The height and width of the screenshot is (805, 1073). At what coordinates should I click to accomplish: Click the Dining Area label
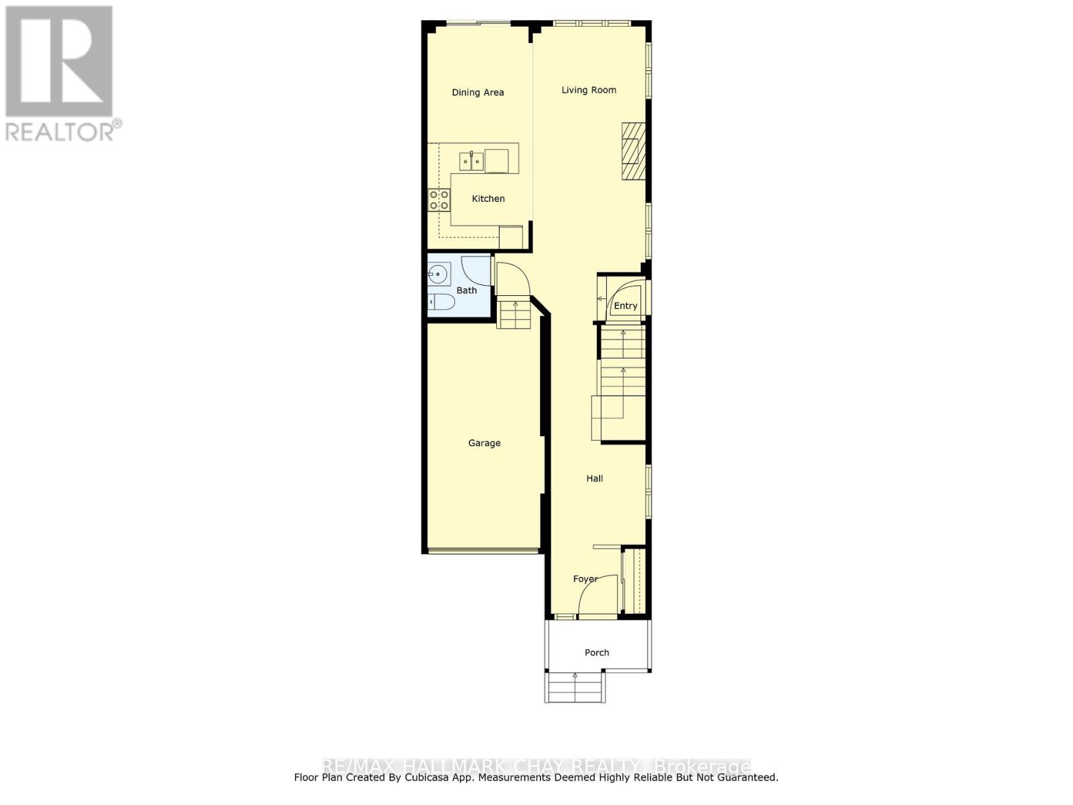(477, 93)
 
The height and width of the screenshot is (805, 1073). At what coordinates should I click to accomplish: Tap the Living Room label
(589, 90)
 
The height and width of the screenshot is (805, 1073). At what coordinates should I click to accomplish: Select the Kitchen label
(488, 199)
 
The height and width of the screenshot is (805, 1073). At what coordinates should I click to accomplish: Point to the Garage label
(484, 443)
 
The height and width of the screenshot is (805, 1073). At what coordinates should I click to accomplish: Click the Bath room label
(467, 290)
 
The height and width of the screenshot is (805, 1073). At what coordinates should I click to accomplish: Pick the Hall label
(595, 478)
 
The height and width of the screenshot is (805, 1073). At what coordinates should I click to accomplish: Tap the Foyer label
(585, 579)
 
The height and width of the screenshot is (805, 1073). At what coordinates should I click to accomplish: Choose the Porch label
(597, 652)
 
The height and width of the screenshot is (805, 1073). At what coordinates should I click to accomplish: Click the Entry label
(626, 306)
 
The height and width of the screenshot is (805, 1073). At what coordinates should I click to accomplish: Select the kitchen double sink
(471, 161)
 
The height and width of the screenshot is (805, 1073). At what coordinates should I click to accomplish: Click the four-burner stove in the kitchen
(439, 200)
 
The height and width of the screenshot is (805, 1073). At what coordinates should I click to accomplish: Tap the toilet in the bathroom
(441, 303)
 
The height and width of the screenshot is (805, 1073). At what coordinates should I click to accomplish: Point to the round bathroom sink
(439, 274)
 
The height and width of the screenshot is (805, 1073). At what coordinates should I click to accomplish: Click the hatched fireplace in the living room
(633, 152)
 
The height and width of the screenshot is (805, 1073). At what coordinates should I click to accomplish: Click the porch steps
(575, 688)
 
